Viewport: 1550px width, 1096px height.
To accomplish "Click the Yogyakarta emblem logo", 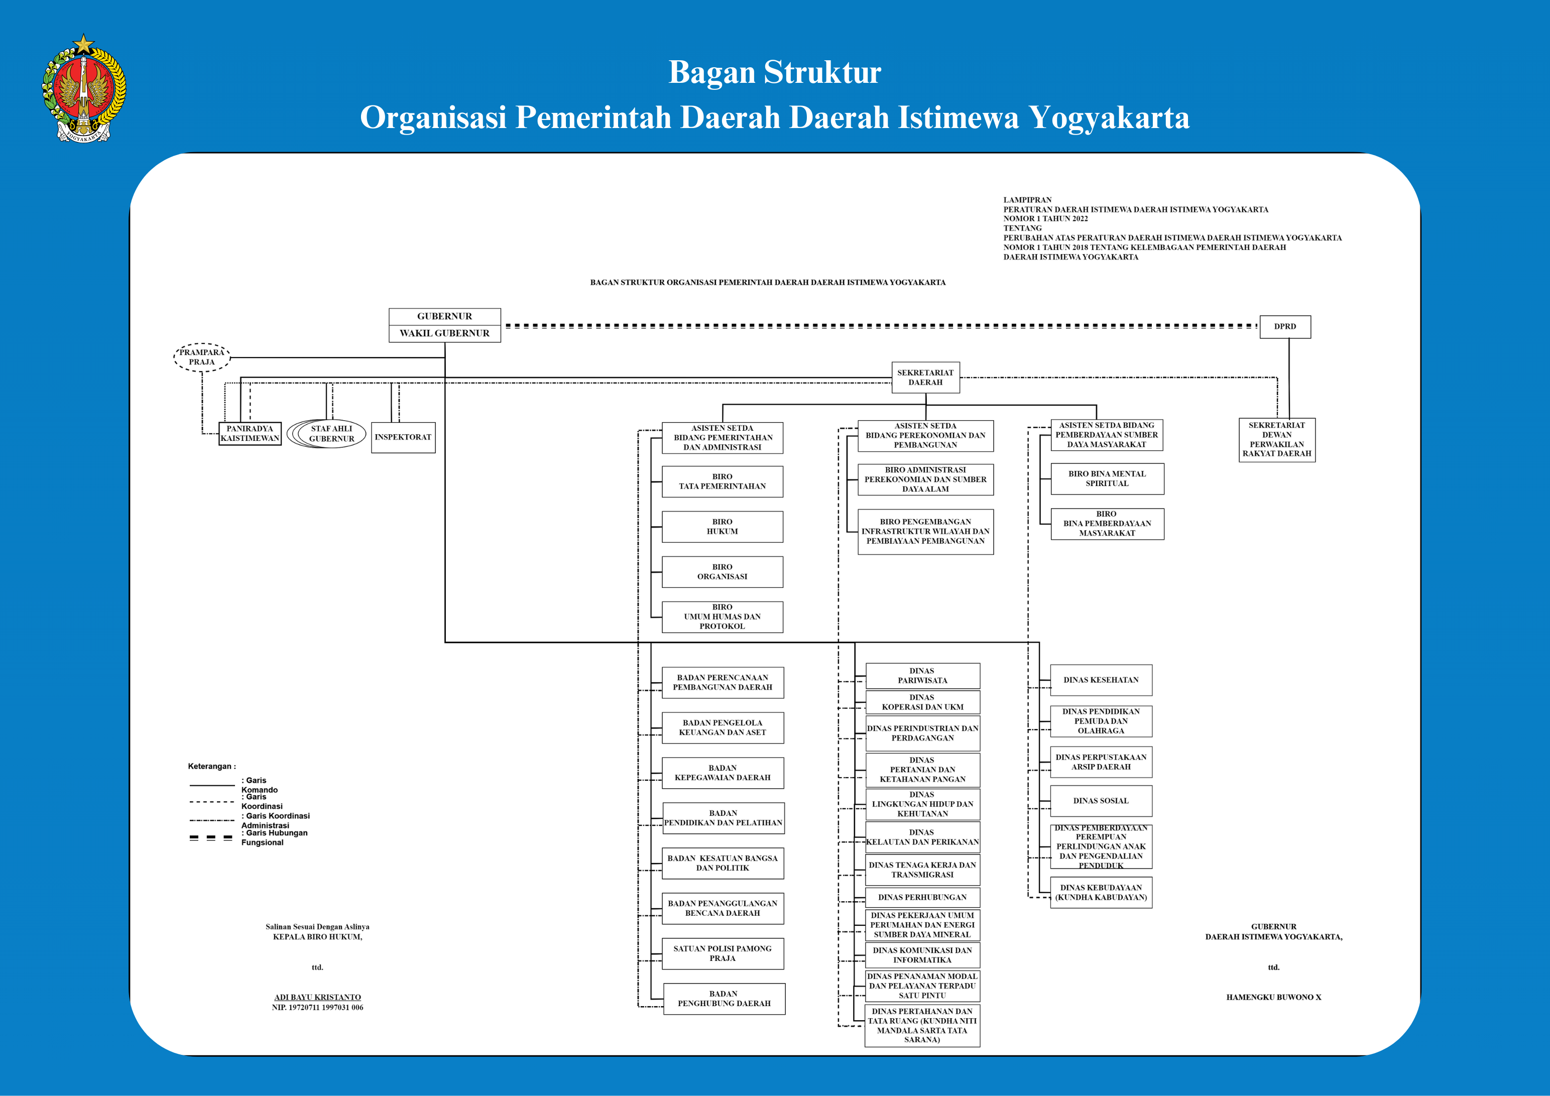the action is [84, 88].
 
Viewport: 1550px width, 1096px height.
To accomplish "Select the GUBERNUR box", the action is [445, 316].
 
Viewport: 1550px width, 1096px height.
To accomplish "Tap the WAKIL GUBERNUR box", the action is [445, 333].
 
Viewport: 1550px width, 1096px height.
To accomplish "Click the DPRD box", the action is [1285, 327].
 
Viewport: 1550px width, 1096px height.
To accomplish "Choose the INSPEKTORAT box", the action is [403, 437].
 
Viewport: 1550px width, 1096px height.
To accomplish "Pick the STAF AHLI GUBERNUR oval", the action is [327, 434].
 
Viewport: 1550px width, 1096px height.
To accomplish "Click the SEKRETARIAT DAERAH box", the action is [925, 377].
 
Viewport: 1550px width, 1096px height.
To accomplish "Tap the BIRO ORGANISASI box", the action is [723, 572].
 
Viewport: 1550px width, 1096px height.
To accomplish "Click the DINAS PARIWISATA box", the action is [923, 676].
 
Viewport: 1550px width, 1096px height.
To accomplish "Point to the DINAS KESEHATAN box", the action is [1101, 680].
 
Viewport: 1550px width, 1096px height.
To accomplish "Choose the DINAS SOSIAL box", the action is [1101, 801].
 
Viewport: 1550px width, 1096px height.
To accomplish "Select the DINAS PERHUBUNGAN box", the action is [923, 898].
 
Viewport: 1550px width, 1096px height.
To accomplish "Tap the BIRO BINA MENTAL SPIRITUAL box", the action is [1107, 478].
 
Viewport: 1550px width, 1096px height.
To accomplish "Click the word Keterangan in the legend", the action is [209, 767].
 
